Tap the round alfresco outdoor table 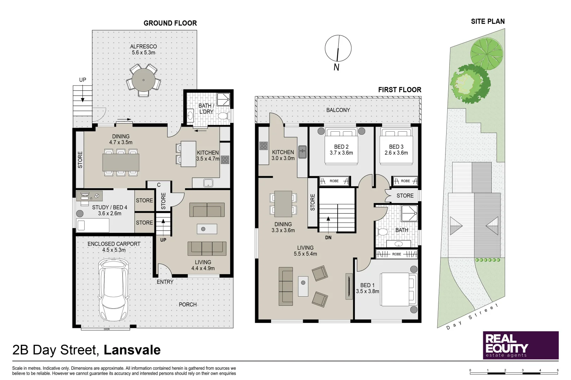tap(143, 80)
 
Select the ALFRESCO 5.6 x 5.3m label tap(143, 49)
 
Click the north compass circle tap(338, 48)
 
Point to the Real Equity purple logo tap(520, 345)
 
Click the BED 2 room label tap(341, 150)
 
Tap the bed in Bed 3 tap(396, 146)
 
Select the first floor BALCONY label tap(338, 110)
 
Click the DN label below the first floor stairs tap(328, 237)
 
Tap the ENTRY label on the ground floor tap(165, 282)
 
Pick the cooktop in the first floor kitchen tap(263, 146)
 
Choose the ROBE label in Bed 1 tap(397, 254)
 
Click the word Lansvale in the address tap(132, 350)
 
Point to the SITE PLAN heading tap(487, 21)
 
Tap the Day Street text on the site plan tap(472, 317)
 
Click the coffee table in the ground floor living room tap(207, 229)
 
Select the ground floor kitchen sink tap(208, 183)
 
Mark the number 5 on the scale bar tap(557, 370)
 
